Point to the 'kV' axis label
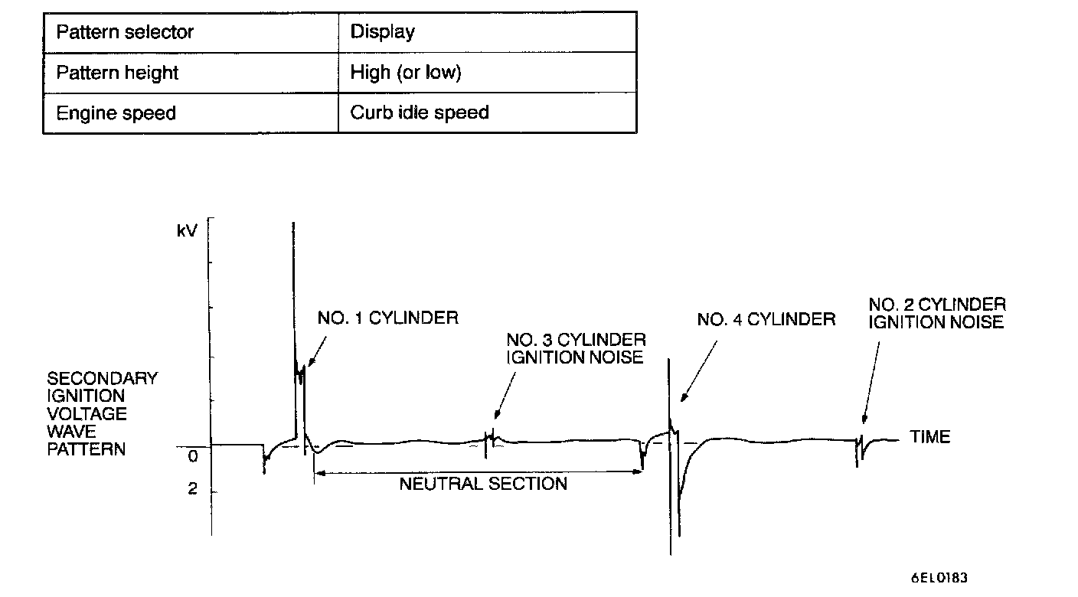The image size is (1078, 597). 187,230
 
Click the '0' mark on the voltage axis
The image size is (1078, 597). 192,456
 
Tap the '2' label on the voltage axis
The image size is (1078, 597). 192,488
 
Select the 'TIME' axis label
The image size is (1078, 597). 930,437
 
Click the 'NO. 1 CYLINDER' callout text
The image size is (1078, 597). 388,318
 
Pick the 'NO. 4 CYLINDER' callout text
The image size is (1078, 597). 766,319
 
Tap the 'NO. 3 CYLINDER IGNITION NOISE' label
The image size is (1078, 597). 576,348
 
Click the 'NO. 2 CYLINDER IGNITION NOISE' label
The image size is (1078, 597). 937,313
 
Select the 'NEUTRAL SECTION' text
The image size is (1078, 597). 483,484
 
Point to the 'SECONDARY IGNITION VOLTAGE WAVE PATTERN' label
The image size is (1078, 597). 103,413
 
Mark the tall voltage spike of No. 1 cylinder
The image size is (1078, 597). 293,306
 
